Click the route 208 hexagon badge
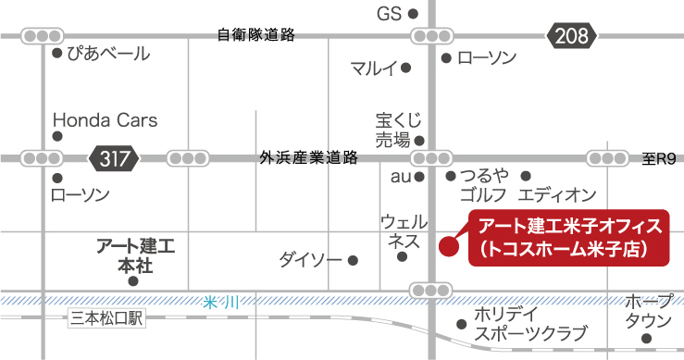click(572, 36)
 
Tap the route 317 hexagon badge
click(115, 157)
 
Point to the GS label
click(389, 13)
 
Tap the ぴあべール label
click(107, 55)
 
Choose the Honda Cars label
click(105, 120)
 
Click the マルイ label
click(374, 68)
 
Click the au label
click(400, 175)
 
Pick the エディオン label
click(556, 194)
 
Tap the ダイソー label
click(310, 260)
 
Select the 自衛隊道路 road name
click(255, 35)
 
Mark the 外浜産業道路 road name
click(309, 158)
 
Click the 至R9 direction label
click(659, 159)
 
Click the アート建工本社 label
click(137, 255)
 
